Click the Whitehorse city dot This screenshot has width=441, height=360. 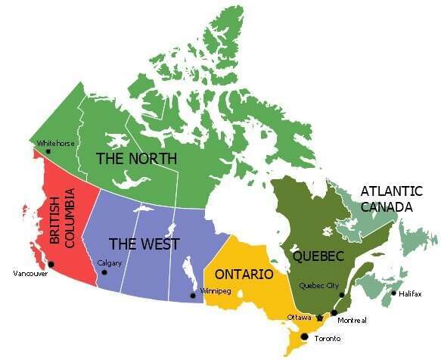48,151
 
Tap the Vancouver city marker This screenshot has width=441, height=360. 51,264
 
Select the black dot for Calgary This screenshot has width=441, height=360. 104,272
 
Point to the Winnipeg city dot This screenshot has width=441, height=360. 192,295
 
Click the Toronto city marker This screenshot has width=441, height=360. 305,337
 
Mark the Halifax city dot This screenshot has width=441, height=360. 393,293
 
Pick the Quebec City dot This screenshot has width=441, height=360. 342,295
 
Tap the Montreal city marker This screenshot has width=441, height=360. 334,312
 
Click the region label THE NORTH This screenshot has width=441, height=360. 136,159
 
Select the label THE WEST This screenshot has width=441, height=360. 144,244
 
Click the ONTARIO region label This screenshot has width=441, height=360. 243,274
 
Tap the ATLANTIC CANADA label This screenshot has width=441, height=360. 386,198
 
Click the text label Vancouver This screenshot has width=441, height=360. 31,274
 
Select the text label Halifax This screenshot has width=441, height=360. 411,293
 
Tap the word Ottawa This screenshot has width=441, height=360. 299,317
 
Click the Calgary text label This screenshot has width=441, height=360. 110,263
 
